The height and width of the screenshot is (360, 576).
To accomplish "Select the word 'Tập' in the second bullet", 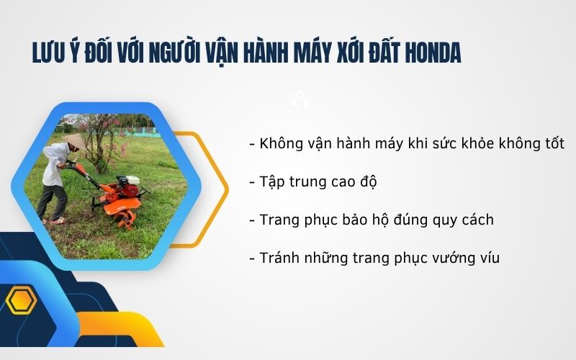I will [x=272, y=182].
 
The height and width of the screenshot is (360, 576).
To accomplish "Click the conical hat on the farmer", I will [x=73, y=141].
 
